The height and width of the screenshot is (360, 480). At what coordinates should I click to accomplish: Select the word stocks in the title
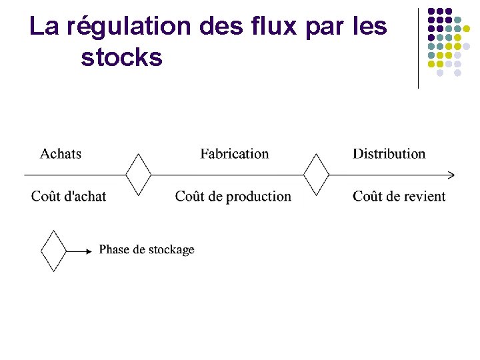(x=121, y=58)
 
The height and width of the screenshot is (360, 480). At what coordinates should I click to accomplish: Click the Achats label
(x=61, y=154)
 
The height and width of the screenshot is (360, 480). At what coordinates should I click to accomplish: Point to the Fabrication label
(x=235, y=154)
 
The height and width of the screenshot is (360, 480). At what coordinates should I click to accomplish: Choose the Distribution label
(x=389, y=154)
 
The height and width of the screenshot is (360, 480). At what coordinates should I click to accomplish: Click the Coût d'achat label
(x=69, y=196)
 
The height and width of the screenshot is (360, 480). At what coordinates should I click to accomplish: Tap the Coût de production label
(x=233, y=196)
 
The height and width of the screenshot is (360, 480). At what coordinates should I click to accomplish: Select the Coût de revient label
(x=399, y=196)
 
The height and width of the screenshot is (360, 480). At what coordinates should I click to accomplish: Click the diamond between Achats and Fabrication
(x=139, y=175)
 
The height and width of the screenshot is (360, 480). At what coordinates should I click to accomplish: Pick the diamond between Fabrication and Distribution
(x=316, y=175)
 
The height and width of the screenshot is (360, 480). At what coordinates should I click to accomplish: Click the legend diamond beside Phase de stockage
(x=54, y=251)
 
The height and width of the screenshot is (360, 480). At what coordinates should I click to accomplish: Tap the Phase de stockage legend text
(x=147, y=250)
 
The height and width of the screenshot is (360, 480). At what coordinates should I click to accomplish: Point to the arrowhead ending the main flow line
(x=451, y=175)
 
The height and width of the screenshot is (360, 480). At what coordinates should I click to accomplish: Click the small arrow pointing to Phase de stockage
(x=79, y=251)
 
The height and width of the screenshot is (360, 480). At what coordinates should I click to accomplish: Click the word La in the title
(x=44, y=27)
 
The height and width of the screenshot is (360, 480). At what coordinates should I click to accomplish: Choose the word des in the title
(x=221, y=27)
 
